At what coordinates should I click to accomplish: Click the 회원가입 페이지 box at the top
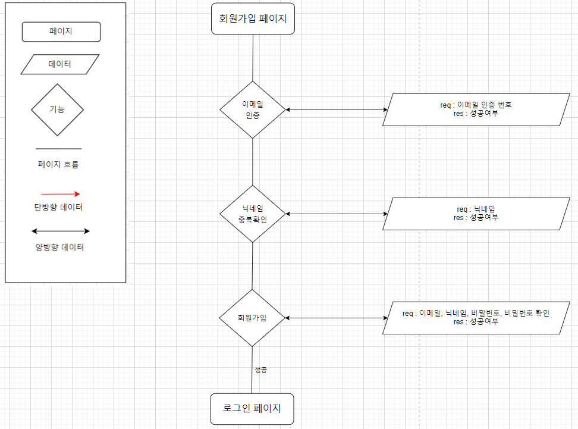click(252, 18)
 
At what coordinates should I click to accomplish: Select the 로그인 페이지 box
click(252, 409)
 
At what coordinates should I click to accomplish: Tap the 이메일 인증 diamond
click(253, 109)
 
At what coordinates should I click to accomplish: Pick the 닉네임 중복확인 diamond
click(253, 214)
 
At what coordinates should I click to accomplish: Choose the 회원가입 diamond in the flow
click(252, 318)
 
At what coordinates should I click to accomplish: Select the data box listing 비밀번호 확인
click(475, 318)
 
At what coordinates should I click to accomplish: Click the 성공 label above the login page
click(260, 370)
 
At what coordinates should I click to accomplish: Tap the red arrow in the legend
click(60, 194)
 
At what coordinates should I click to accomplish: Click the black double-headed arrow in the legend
click(60, 231)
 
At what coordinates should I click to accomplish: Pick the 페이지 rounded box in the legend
click(61, 32)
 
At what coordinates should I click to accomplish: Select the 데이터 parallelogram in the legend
click(59, 64)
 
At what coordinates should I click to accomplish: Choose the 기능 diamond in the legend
click(57, 110)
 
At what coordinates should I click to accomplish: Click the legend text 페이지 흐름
click(58, 165)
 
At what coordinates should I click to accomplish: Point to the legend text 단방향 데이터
click(58, 208)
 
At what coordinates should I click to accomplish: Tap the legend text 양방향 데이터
click(59, 247)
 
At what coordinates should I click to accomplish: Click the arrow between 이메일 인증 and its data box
click(337, 109)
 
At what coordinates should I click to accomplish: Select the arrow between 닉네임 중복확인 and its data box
click(337, 214)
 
